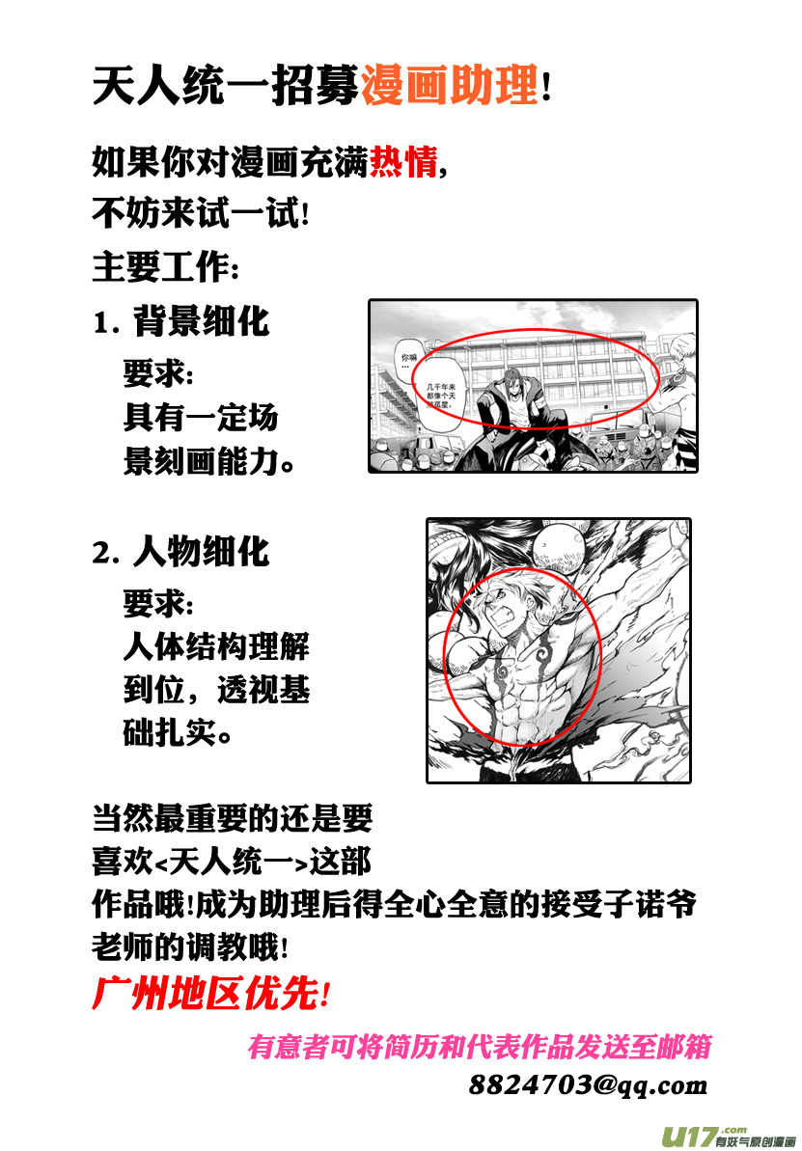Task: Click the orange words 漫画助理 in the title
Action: [x=449, y=87]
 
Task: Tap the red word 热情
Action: [x=403, y=161]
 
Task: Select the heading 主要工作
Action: [x=164, y=266]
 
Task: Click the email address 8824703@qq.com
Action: [x=589, y=1084]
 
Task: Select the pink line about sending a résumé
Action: [x=480, y=1046]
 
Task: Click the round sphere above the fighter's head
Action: [x=562, y=545]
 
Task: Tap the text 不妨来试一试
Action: [x=200, y=213]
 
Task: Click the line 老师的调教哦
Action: [x=189, y=946]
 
